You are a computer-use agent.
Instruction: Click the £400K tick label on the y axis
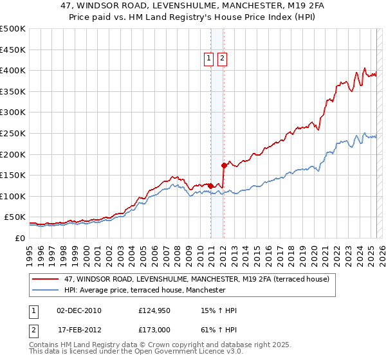point(13,70)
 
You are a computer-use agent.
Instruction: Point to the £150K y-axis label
point(13,175)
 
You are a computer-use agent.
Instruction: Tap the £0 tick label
point(19,238)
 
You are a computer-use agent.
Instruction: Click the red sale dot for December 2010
point(210,185)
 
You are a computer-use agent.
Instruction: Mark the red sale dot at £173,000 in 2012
point(224,165)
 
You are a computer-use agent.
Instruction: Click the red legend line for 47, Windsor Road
point(44,279)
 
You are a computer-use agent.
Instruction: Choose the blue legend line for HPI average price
point(44,290)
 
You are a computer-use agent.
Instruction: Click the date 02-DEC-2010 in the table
point(78,311)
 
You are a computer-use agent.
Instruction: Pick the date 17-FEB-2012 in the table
point(78,329)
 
